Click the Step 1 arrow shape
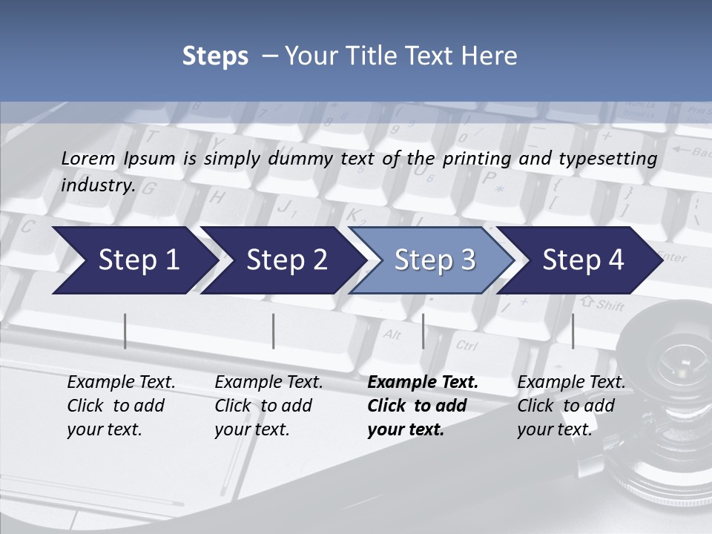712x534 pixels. click(133, 260)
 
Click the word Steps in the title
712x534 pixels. click(215, 56)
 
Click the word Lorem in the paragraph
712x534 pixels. click(88, 158)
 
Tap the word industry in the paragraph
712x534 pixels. click(97, 185)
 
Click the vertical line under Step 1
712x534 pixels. click(125, 331)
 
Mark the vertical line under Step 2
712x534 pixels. click(274, 331)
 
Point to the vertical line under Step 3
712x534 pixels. click(423, 331)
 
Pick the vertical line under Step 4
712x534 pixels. click(573, 331)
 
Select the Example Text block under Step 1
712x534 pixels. click(121, 406)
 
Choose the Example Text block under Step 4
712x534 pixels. click(571, 406)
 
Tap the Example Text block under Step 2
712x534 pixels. click(268, 406)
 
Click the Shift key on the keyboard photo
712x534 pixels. click(608, 304)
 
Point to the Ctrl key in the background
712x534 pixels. click(467, 345)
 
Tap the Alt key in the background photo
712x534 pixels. click(392, 334)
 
